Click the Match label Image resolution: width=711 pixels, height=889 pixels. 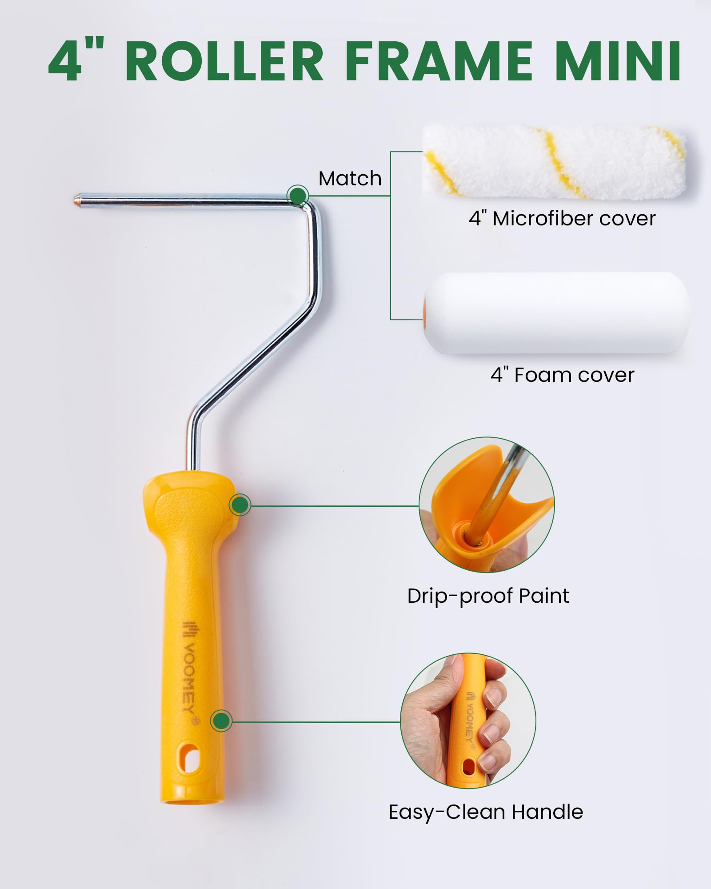click(350, 179)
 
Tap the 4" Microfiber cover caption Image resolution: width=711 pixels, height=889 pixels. click(562, 218)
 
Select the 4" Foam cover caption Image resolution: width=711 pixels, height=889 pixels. click(562, 375)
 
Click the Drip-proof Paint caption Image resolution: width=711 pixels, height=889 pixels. click(488, 596)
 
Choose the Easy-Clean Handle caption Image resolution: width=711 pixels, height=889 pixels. click(486, 812)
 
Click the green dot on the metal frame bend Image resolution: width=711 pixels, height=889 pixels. click(297, 195)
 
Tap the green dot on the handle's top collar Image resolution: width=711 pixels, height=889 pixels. click(240, 505)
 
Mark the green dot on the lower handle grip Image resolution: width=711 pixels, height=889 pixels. click(221, 721)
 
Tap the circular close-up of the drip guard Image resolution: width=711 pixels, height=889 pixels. click(487, 505)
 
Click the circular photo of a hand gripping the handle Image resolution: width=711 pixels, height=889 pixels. click(468, 721)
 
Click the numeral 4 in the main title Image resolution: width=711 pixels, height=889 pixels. click(64, 61)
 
